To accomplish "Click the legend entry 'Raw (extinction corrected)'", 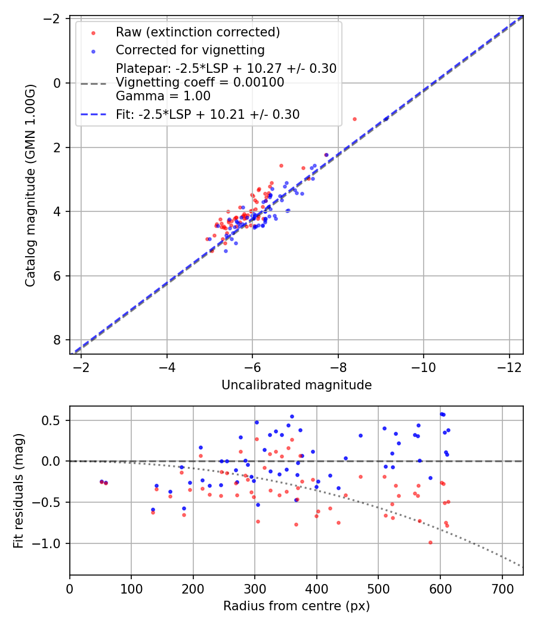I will (x=197, y=32).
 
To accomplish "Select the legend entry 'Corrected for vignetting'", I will (x=190, y=50).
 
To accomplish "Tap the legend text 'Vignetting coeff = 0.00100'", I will (x=200, y=82).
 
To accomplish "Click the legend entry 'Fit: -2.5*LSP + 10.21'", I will (x=207, y=113).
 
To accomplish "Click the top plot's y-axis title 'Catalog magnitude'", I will (x=30, y=186).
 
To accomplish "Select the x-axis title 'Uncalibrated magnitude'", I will (x=297, y=385).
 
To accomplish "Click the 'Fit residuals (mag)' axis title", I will (x=18, y=491).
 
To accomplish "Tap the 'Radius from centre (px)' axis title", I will (x=297, y=606).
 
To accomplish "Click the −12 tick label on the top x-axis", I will (x=509, y=365).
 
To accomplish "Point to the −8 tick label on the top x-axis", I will (x=338, y=365).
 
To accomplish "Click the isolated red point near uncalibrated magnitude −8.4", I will (x=354, y=119).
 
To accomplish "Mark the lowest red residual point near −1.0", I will (x=430, y=542).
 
